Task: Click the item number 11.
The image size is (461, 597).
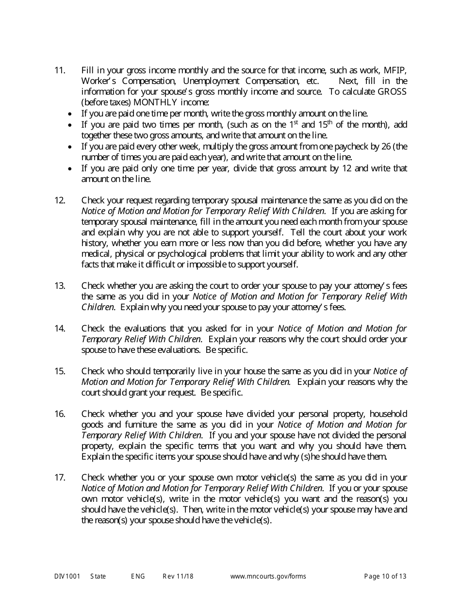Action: click(60, 70)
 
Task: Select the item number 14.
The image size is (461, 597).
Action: click(60, 329)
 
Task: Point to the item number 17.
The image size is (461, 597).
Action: click(60, 478)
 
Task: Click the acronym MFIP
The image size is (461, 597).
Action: click(395, 70)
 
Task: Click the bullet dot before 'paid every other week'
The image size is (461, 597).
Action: click(71, 147)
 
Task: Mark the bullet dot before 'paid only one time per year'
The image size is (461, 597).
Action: click(71, 168)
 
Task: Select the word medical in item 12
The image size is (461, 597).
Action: click(95, 254)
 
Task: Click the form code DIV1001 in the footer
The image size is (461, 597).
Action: click(67, 577)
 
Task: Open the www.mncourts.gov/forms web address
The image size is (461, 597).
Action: click(268, 577)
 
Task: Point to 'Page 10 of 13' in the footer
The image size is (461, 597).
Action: click(385, 577)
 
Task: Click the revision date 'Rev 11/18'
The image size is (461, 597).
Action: click(178, 577)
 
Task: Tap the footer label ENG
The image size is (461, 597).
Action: click(138, 577)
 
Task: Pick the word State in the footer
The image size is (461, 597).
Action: click(98, 577)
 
